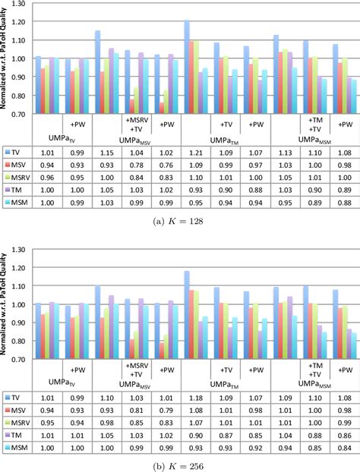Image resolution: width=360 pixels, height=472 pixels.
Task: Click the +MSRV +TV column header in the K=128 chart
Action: pyautogui.click(x=137, y=126)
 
